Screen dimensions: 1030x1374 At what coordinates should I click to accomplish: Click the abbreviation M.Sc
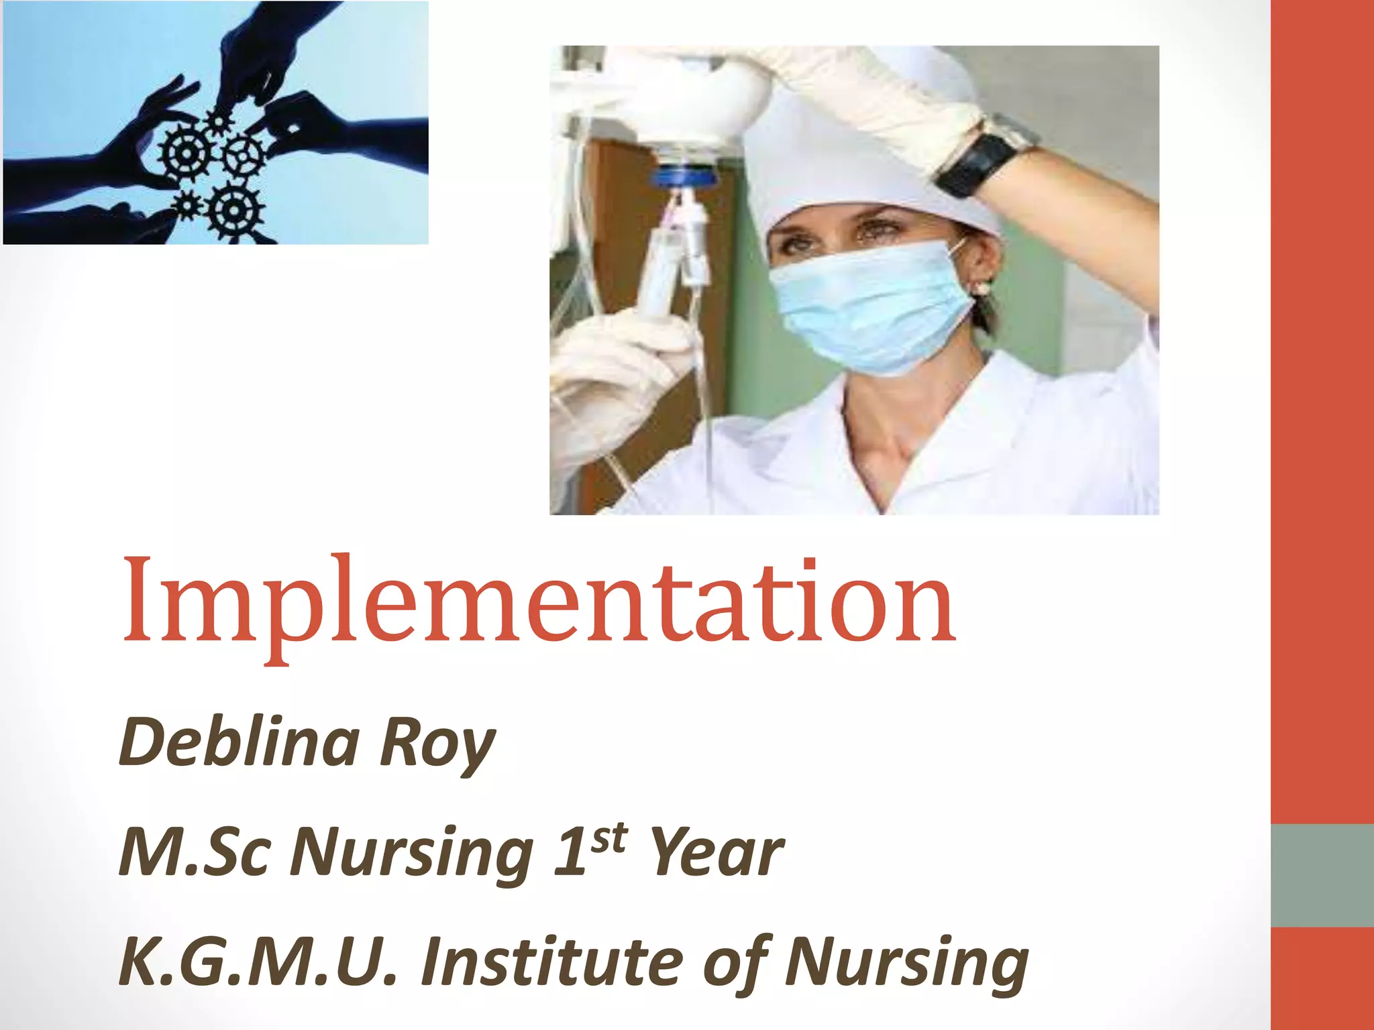click(195, 852)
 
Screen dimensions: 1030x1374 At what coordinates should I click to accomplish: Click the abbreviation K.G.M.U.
click(258, 962)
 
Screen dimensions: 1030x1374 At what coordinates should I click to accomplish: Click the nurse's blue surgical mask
click(872, 305)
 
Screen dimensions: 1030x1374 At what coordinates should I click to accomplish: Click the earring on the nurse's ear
click(982, 288)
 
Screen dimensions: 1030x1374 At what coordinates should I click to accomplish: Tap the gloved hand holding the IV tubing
click(617, 376)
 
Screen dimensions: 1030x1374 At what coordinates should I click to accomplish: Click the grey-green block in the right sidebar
click(1322, 875)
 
